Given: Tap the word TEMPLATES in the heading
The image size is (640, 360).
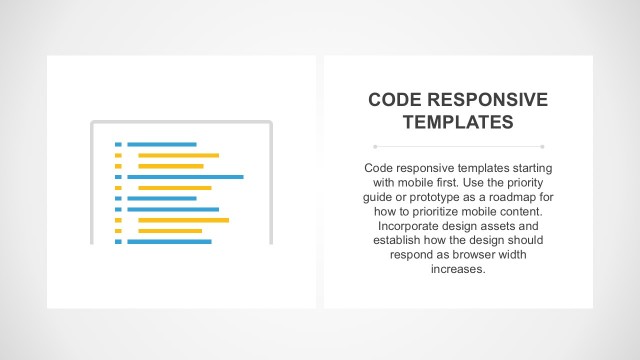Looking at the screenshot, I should [x=458, y=123].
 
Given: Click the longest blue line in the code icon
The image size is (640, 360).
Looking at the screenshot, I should [x=184, y=177].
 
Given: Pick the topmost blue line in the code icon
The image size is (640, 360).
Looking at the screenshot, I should [x=161, y=145].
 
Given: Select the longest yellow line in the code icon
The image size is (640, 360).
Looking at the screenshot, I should [x=183, y=220].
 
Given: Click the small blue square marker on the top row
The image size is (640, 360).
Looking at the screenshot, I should [x=118, y=145].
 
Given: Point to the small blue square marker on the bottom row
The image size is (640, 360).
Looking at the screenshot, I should [x=118, y=242].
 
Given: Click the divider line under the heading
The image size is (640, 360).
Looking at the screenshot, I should [x=458, y=146].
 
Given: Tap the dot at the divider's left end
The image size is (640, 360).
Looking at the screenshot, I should [x=374, y=146].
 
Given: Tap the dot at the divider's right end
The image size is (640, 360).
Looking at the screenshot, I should [x=542, y=146].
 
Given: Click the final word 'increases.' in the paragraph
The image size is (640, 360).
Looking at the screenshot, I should [x=458, y=269].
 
